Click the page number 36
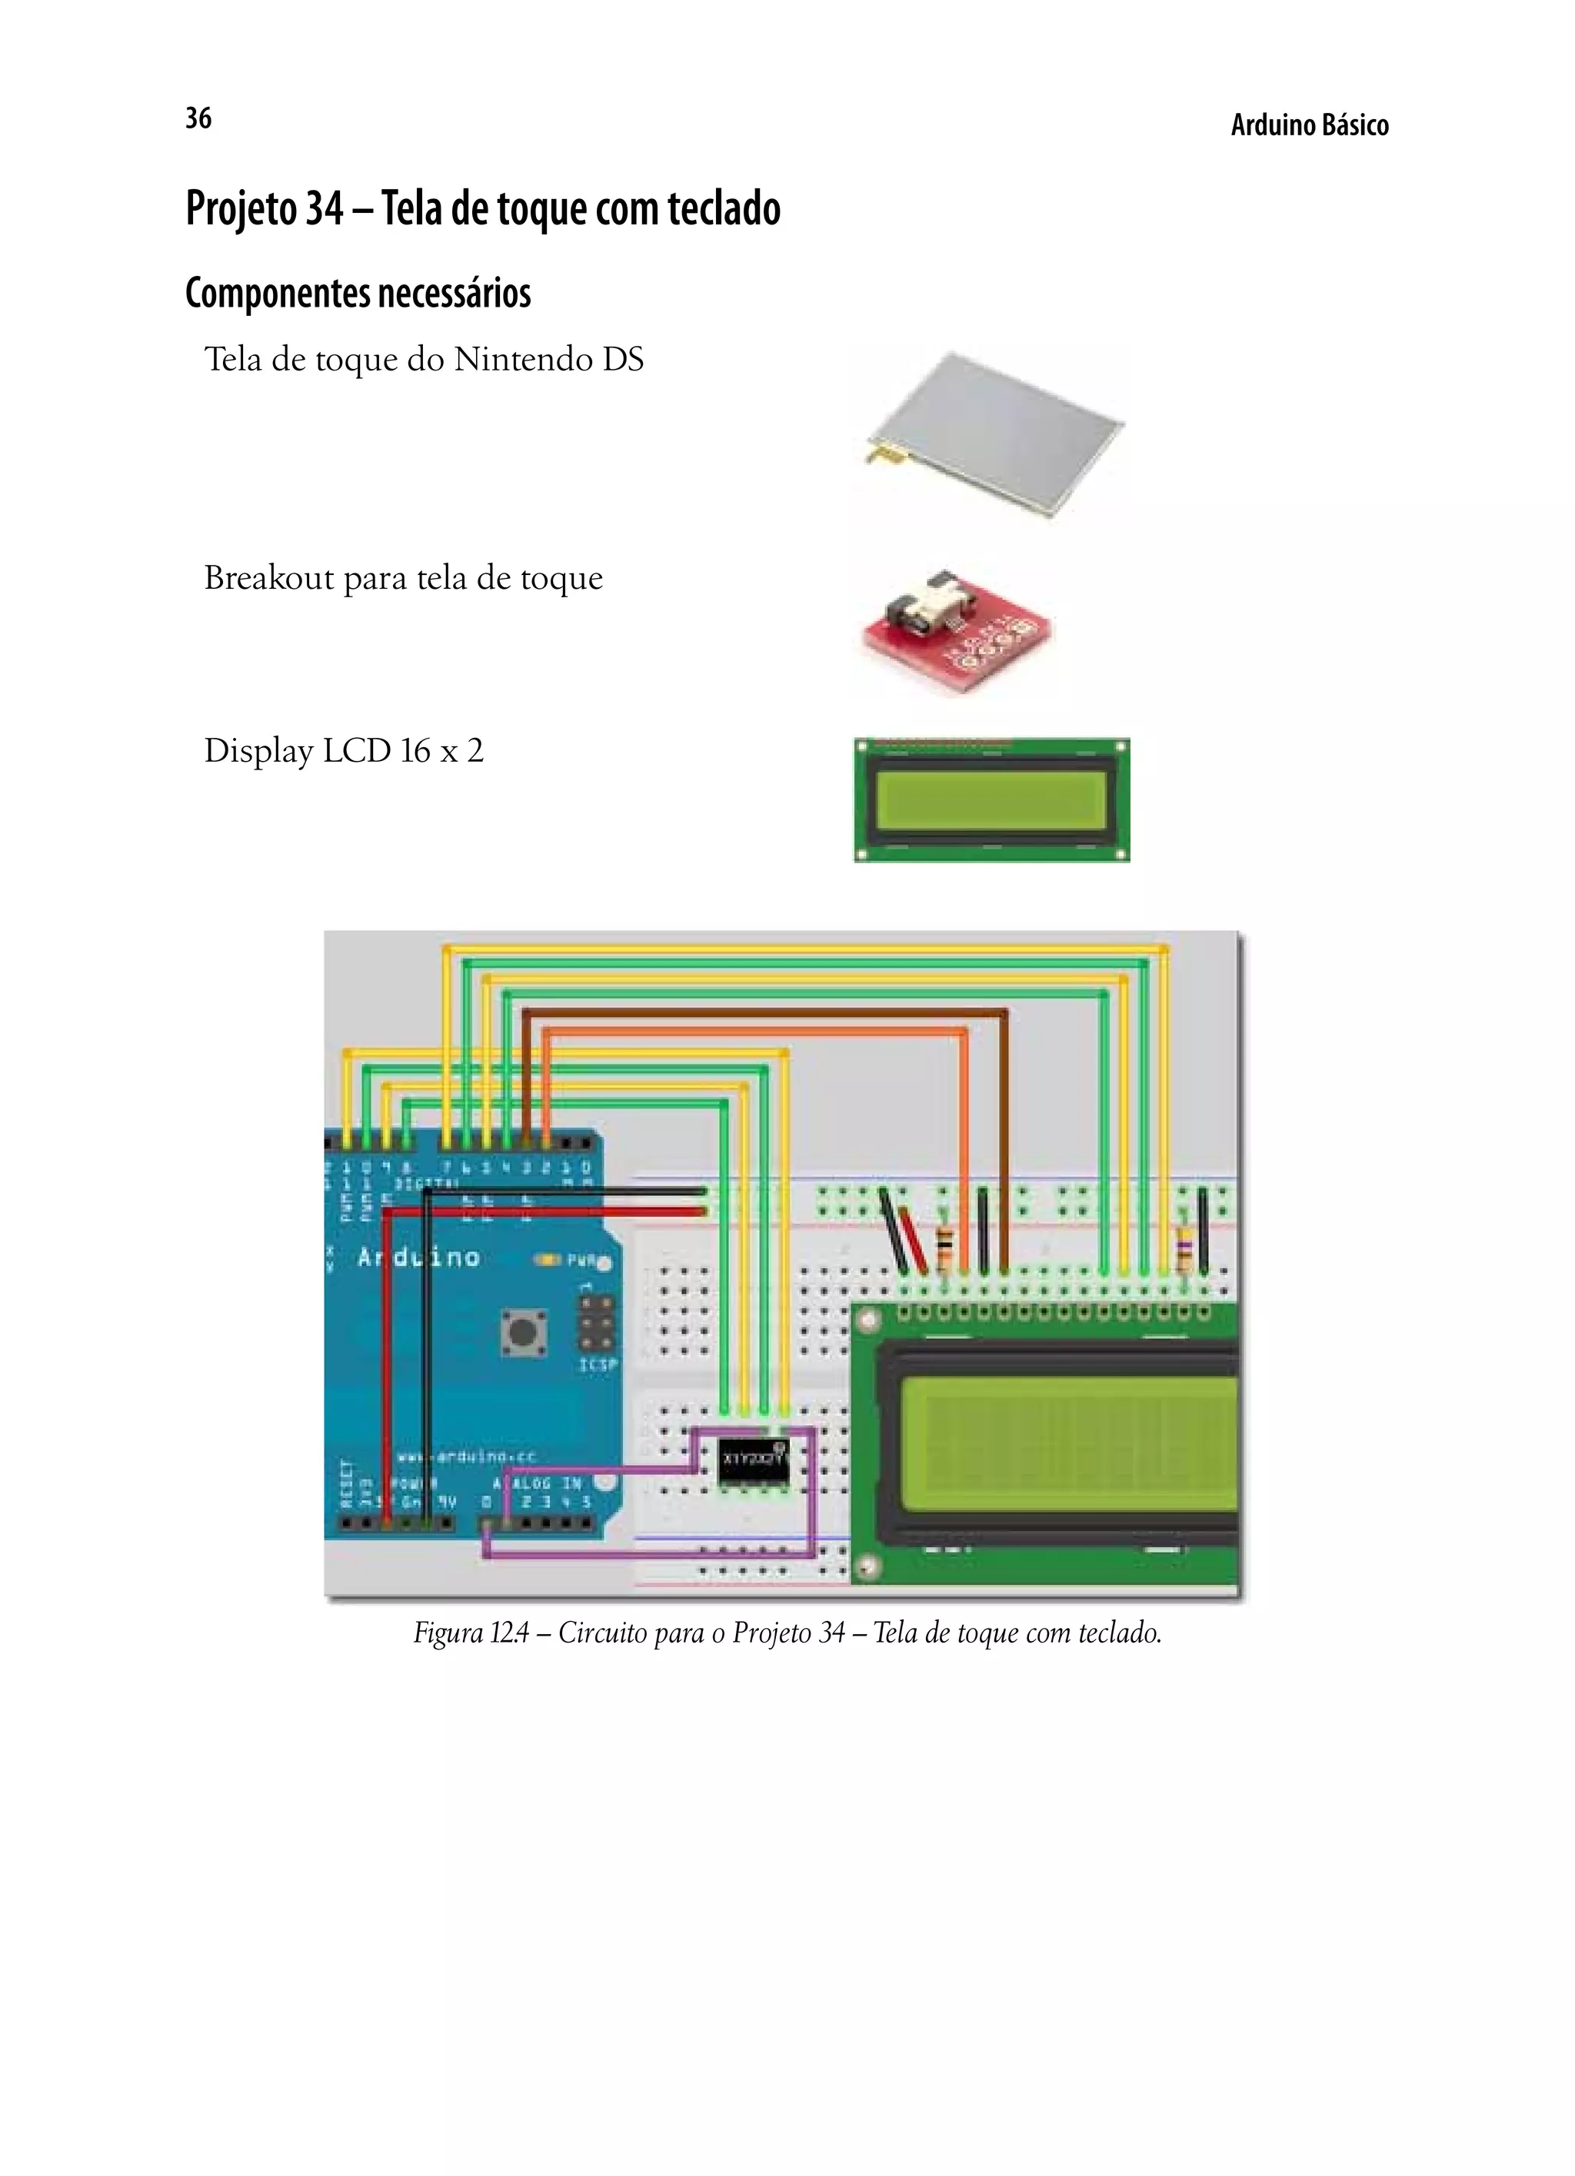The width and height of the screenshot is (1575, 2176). pos(198,118)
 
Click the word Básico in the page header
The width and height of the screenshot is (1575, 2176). pos(1354,126)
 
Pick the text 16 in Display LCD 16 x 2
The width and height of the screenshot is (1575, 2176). pos(415,750)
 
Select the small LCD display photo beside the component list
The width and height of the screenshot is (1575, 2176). pos(991,800)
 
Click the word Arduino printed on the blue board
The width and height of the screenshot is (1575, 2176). pos(418,1257)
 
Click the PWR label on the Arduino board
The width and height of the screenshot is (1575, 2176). pos(581,1261)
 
